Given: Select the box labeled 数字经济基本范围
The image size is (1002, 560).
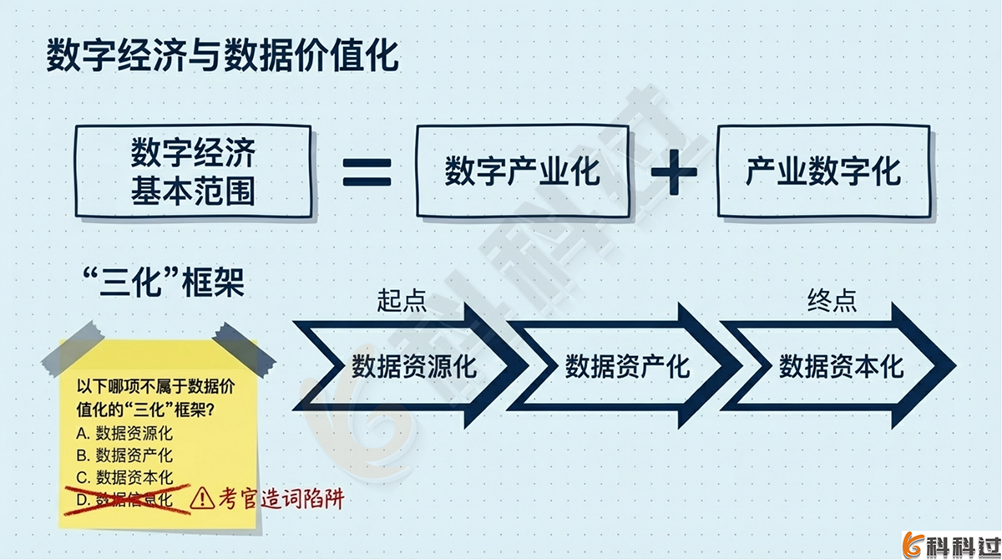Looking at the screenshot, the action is click(x=193, y=173).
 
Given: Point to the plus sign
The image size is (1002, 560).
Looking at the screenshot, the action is click(x=673, y=173).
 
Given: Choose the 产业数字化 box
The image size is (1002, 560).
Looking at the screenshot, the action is click(x=822, y=172).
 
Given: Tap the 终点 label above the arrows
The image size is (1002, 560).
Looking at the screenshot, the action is click(x=832, y=300).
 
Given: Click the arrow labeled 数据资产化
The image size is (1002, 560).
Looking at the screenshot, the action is click(x=626, y=366).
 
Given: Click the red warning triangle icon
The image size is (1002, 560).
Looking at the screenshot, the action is click(x=201, y=500).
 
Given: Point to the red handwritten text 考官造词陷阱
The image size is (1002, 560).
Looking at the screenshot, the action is click(x=280, y=499).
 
